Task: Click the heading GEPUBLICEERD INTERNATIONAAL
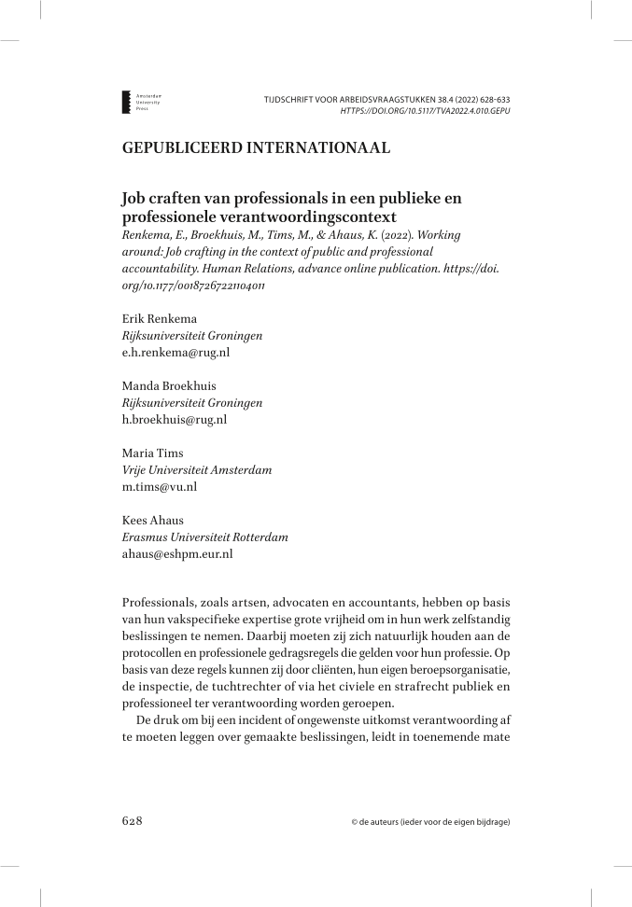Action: click(x=256, y=147)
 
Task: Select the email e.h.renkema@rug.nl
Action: click(x=176, y=354)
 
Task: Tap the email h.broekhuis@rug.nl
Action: click(x=175, y=420)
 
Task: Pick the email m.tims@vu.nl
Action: click(x=160, y=486)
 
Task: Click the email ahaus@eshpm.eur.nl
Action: click(x=177, y=553)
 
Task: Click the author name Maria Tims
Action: click(x=152, y=453)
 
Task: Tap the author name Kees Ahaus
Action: click(x=153, y=521)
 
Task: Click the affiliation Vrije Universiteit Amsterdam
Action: click(x=197, y=470)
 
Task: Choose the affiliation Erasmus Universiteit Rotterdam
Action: click(x=205, y=537)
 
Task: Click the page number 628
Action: click(x=132, y=821)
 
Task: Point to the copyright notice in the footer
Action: click(x=430, y=822)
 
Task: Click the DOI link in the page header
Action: click(x=418, y=110)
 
